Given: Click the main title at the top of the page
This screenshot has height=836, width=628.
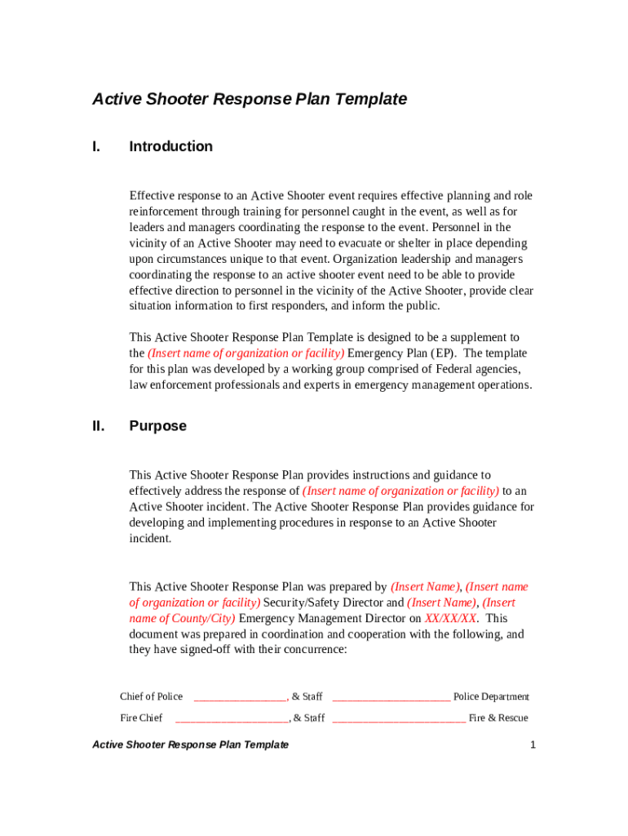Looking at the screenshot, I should point(250,100).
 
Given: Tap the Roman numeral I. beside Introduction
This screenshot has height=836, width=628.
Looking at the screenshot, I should point(96,147).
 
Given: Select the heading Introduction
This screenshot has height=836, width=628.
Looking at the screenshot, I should point(170,147).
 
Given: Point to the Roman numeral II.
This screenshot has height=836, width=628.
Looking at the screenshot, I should point(98,426).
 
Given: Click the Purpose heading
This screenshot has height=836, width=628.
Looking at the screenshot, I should point(157,426).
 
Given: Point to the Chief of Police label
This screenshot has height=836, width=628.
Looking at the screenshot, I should point(151,696).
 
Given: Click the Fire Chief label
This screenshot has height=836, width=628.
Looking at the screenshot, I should point(141,718).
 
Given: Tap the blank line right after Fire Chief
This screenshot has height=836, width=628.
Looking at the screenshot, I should point(232,719).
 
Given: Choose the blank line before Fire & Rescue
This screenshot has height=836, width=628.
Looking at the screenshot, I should point(399,719).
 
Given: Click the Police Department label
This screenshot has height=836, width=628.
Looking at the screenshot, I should point(491,696).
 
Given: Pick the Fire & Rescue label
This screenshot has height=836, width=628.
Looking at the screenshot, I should point(498,718).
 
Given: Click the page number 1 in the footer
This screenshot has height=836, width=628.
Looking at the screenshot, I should point(532,745).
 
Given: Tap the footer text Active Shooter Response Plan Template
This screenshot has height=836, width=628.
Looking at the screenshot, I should point(190,745).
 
